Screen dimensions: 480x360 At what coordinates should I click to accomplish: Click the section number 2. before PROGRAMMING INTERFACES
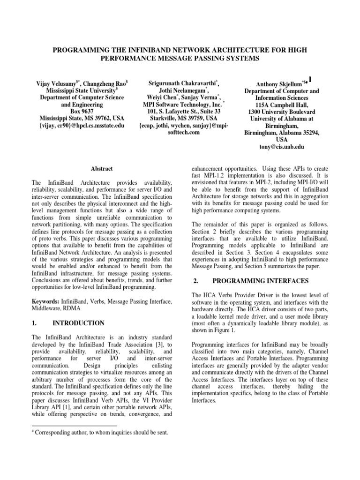click(197, 281)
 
